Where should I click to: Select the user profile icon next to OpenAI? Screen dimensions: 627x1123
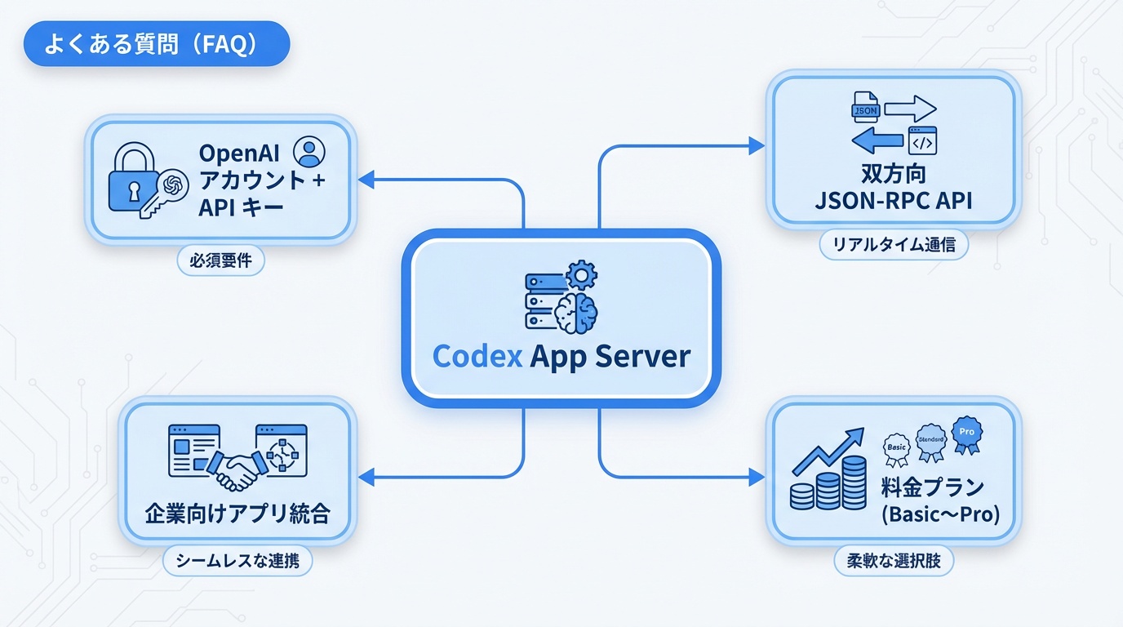click(x=308, y=152)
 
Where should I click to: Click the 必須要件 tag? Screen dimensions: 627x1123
click(x=220, y=262)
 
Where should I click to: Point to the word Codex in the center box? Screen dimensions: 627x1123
click(x=477, y=356)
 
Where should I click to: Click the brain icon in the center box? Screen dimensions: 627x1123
click(x=576, y=310)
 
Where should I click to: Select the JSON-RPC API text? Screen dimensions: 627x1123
click(x=894, y=201)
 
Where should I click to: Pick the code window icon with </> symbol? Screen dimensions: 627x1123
click(x=921, y=140)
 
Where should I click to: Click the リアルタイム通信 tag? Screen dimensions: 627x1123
click(x=894, y=245)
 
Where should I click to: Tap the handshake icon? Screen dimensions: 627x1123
click(x=237, y=469)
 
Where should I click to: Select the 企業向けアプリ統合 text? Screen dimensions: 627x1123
click(x=237, y=514)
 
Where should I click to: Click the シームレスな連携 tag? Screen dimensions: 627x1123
click(x=237, y=562)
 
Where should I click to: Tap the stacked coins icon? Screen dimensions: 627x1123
click(x=829, y=485)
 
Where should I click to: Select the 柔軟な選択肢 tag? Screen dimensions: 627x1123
click(x=894, y=562)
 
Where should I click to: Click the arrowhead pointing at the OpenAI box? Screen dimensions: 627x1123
click(x=366, y=179)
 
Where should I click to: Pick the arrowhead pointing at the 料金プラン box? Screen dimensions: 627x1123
click(x=757, y=476)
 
